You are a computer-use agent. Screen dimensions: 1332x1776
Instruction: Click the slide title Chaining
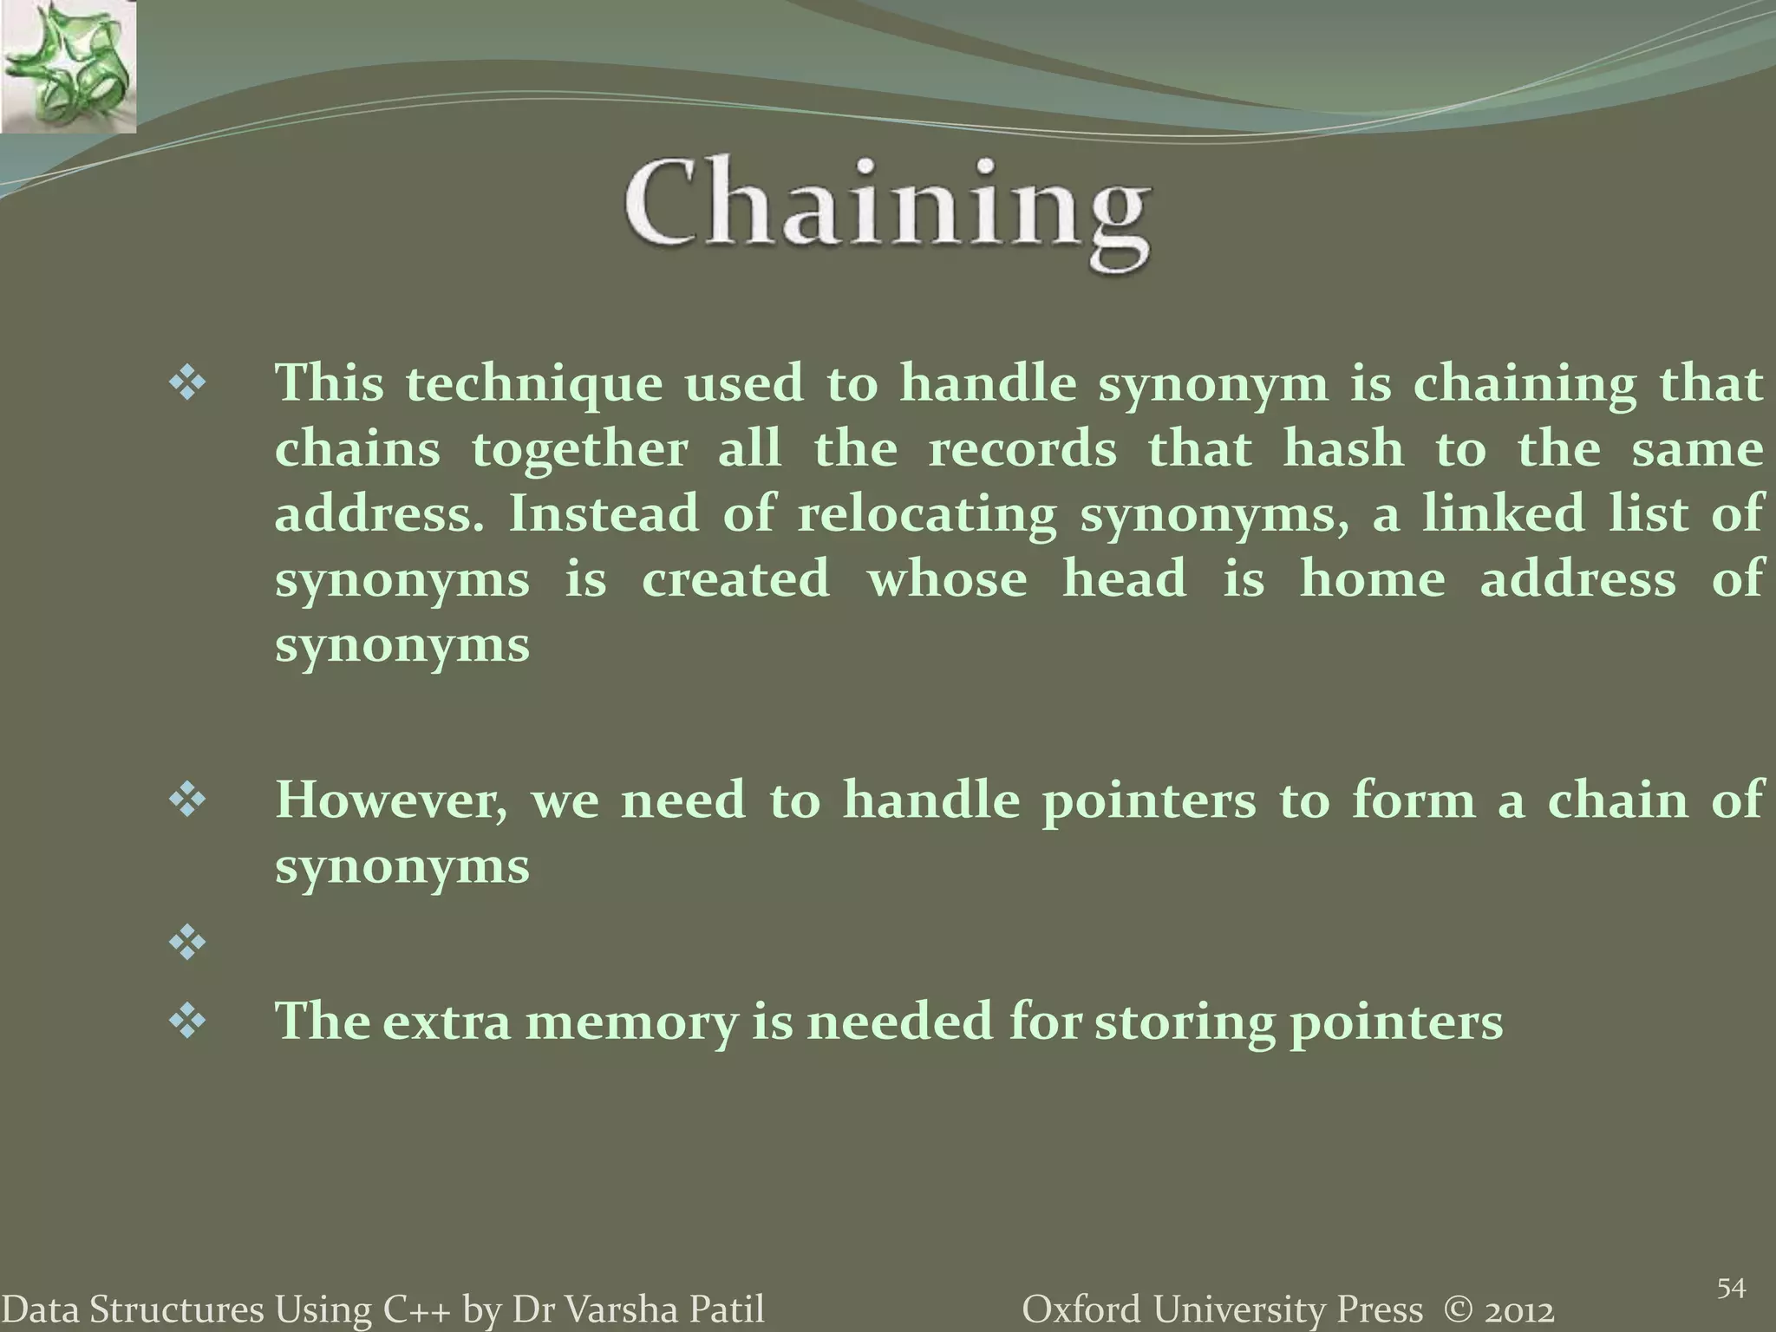[x=886, y=208]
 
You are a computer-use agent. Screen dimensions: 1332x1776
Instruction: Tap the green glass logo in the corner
[x=68, y=67]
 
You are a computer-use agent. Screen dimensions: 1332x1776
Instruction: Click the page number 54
[x=1730, y=1289]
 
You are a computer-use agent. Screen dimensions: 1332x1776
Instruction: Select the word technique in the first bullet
[x=534, y=384]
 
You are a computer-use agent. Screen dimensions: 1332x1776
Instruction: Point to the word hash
[x=1342, y=449]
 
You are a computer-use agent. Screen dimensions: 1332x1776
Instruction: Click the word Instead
[x=603, y=513]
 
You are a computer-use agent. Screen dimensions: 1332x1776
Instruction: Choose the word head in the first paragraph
[x=1124, y=579]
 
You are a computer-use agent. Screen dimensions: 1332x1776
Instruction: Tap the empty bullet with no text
[x=187, y=943]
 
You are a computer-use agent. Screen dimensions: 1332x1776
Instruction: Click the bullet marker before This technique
[x=187, y=383]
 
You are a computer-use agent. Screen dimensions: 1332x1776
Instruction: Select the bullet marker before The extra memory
[x=187, y=1021]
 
